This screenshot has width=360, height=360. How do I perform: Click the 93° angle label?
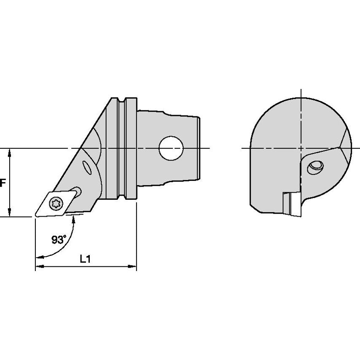(x=59, y=240)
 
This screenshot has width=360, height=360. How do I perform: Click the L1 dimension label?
(x=86, y=260)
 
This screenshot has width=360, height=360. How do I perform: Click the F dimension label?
(x=3, y=183)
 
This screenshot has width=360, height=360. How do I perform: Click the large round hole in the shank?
(x=171, y=148)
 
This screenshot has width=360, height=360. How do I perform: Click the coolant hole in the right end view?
(x=315, y=167)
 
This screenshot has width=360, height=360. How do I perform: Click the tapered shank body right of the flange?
(x=169, y=126)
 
